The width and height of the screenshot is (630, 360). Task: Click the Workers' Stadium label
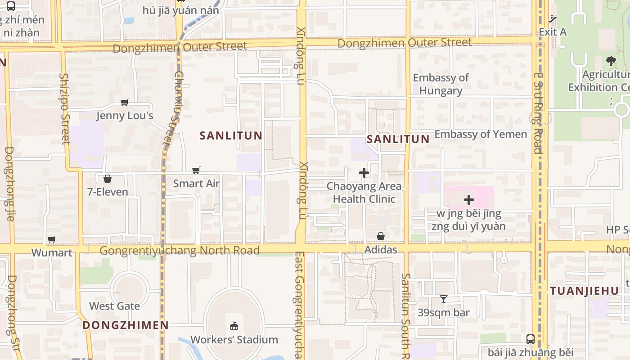pyautogui.click(x=234, y=339)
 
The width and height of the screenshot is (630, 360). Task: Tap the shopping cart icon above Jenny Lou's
pyautogui.click(x=125, y=102)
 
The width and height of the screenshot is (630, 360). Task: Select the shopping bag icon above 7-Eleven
pyautogui.click(x=108, y=179)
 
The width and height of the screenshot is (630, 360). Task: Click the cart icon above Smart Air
pyautogui.click(x=196, y=170)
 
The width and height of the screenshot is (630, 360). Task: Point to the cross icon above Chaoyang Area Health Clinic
pyautogui.click(x=364, y=173)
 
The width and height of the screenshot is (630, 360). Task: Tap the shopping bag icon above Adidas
pyautogui.click(x=381, y=236)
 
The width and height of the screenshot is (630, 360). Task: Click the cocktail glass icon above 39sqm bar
pyautogui.click(x=444, y=299)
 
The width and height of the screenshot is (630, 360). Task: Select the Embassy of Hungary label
pyautogui.click(x=441, y=84)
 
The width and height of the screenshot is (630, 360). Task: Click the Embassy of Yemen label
pyautogui.click(x=480, y=134)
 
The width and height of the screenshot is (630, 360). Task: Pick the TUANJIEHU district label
pyautogui.click(x=585, y=291)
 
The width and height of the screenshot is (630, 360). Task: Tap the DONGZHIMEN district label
pyautogui.click(x=126, y=325)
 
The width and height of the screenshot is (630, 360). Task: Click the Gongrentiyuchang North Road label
pyautogui.click(x=180, y=251)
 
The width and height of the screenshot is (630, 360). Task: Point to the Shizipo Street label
pyautogui.click(x=65, y=108)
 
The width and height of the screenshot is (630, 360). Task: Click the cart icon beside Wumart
pyautogui.click(x=52, y=239)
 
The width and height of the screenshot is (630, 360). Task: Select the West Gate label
pyautogui.click(x=114, y=306)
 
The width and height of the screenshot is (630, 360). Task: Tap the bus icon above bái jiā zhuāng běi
pyautogui.click(x=531, y=339)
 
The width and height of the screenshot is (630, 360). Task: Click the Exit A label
pyautogui.click(x=553, y=32)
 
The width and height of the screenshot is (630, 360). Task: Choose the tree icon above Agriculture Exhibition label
pyautogui.click(x=611, y=61)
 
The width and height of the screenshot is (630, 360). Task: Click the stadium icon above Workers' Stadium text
pyautogui.click(x=234, y=326)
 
